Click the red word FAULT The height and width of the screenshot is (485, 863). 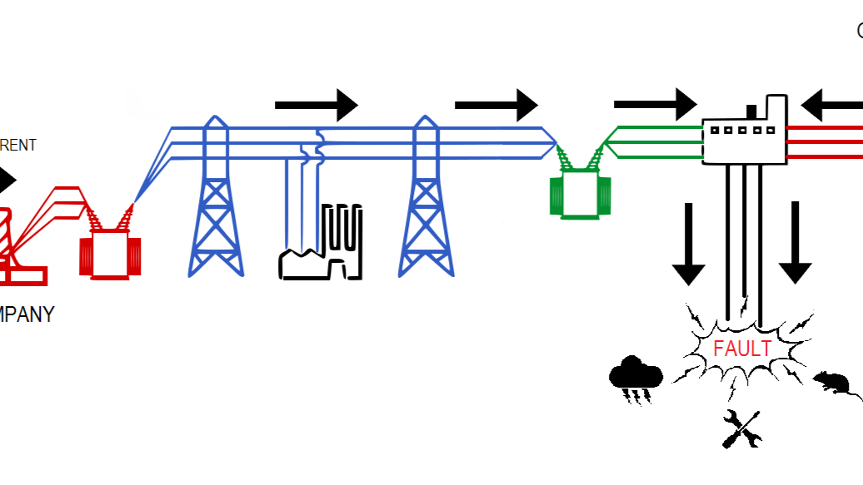point(742,348)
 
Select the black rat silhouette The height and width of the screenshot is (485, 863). point(831,383)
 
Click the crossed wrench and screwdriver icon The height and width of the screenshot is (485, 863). point(742,429)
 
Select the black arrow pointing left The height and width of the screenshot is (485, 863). point(831,106)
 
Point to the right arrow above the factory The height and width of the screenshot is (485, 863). point(317,105)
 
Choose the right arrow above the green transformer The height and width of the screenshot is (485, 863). point(496,105)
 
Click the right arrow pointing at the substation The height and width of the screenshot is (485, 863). point(655,103)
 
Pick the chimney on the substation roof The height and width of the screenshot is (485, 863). point(751,111)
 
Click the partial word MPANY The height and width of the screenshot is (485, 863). point(27,315)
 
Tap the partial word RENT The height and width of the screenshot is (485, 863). point(17,146)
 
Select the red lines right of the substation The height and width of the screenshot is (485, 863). point(825,141)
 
